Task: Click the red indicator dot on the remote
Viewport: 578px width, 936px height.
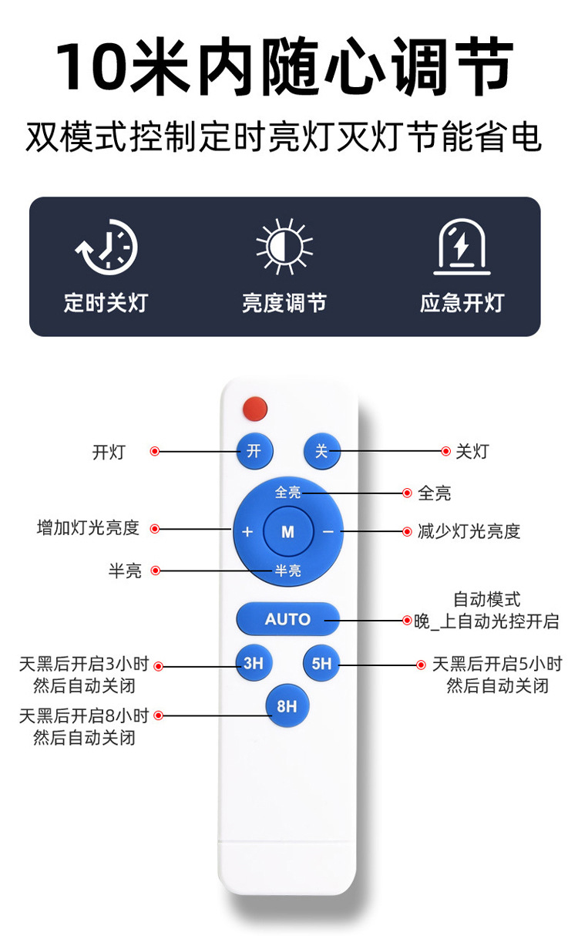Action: (254, 408)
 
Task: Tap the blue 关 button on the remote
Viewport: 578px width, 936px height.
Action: (321, 451)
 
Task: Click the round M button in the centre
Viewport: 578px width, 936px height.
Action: (287, 531)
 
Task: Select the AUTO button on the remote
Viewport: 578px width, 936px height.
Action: (287, 619)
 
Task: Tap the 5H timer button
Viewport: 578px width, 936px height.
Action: (321, 662)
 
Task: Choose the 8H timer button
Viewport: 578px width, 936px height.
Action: (287, 705)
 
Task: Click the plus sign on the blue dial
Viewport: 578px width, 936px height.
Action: (247, 532)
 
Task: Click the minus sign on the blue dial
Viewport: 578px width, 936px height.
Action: (328, 531)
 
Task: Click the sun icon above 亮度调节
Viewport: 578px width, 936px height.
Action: (284, 247)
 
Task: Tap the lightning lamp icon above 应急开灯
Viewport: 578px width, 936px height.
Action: (462, 247)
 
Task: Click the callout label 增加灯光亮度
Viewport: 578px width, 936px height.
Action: (88, 528)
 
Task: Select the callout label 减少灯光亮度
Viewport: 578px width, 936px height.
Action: (469, 531)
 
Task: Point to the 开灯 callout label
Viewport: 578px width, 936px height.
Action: (109, 452)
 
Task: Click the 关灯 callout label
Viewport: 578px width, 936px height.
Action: (472, 451)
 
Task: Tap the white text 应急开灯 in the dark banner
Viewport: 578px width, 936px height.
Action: (462, 303)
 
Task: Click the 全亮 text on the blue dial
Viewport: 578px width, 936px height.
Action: (287, 491)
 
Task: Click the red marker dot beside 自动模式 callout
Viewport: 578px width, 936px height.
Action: (408, 620)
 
